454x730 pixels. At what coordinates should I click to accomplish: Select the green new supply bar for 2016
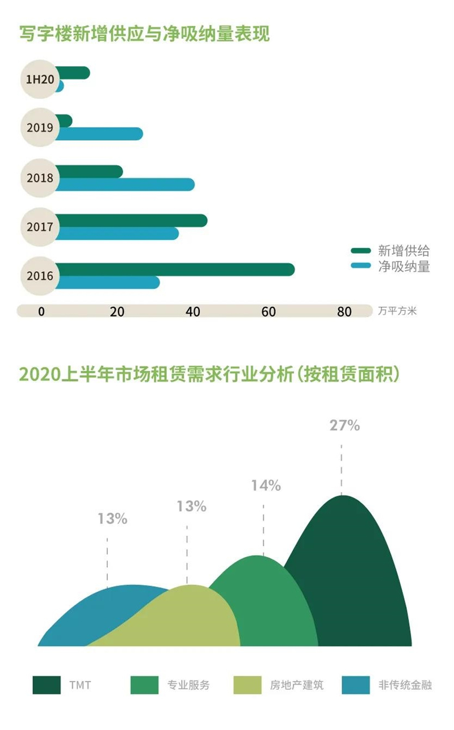coord(176,269)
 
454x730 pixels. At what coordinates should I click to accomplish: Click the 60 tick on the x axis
coord(268,311)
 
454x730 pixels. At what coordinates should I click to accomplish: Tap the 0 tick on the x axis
coord(41,311)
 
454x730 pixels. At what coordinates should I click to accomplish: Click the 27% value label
coord(344,425)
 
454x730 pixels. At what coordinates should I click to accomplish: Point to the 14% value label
coord(266,486)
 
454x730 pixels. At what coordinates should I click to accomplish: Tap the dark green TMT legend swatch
coord(47,685)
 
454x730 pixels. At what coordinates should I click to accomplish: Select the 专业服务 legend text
coord(188,685)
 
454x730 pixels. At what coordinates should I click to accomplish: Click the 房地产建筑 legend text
coord(296,685)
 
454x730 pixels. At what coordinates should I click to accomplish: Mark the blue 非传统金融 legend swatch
coord(356,685)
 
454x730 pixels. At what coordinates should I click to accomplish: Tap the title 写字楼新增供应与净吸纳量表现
coord(144,33)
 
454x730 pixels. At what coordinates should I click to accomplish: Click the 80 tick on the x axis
coord(344,311)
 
